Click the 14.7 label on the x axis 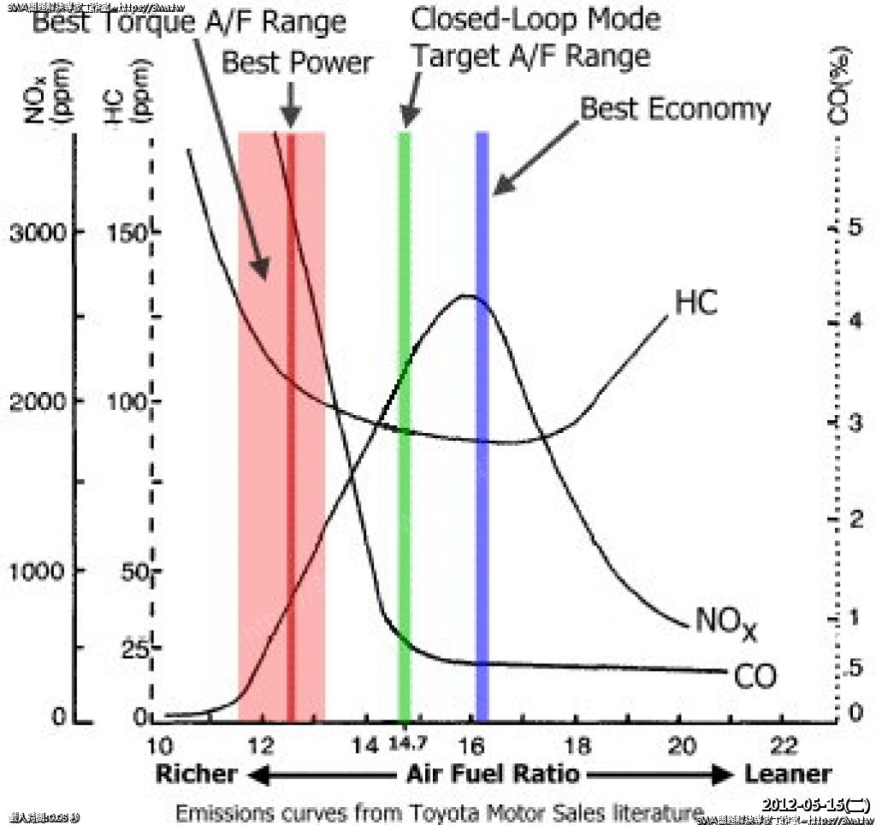(405, 743)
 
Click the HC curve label (695, 303)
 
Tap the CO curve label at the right (755, 676)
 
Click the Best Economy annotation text (675, 110)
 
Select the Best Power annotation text (297, 62)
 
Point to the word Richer (196, 775)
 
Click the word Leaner (787, 775)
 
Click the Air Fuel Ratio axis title (492, 775)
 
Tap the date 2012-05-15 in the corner (815, 805)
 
